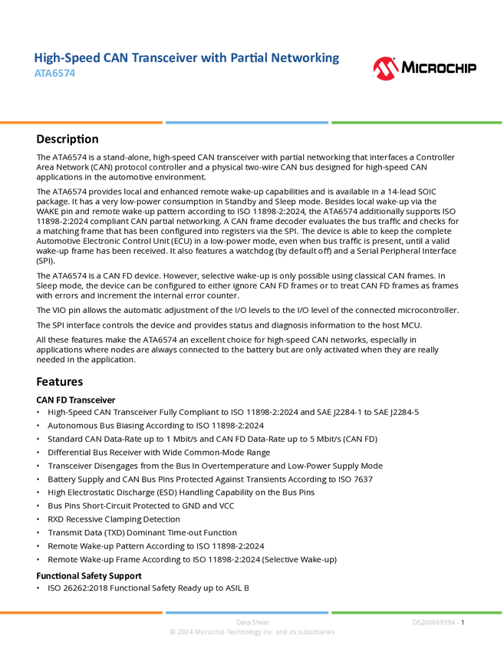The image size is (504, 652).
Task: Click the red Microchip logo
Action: coord(386,69)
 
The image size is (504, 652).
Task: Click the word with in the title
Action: coord(212,58)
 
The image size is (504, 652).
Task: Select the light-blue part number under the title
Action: coord(55,74)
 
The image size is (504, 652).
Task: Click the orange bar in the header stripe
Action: coord(81,123)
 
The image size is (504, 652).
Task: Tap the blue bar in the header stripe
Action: coord(247,123)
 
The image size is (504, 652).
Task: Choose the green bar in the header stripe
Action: coord(417,123)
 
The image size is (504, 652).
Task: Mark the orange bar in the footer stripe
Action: coord(81,612)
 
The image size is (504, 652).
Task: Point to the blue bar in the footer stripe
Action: coord(247,612)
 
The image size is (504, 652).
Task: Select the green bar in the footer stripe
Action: coord(417,612)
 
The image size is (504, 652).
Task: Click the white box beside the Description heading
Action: coord(18,139)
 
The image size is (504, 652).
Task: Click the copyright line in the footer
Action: coord(252,633)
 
